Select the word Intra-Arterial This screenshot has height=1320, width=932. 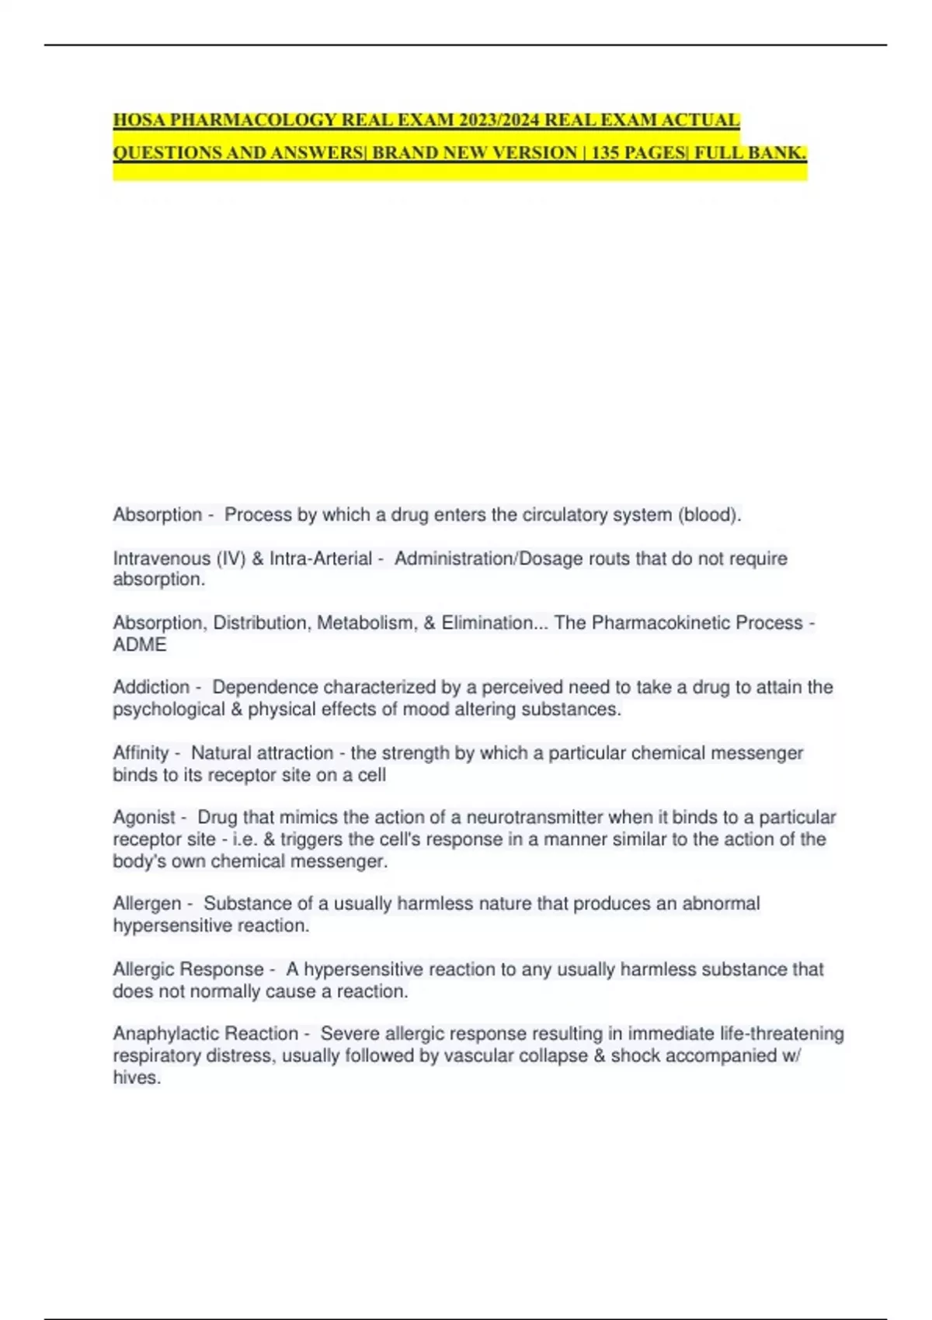[321, 558]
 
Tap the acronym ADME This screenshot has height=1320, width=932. [140, 644]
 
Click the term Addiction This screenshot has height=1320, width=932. [151, 687]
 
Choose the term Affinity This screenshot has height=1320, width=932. [141, 752]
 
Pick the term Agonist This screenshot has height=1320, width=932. [144, 817]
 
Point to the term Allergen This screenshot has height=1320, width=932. [147, 903]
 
